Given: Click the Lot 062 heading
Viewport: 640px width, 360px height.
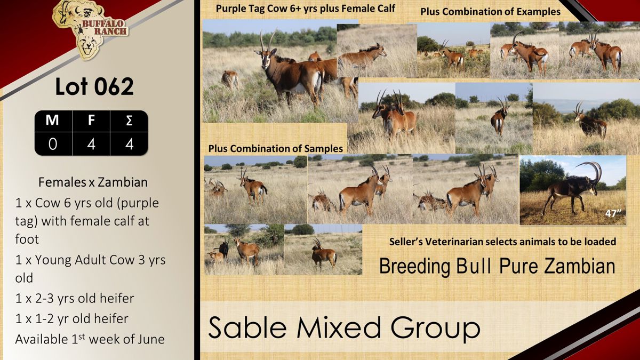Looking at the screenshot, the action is click(x=94, y=86).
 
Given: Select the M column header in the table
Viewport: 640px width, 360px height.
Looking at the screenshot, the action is click(x=52, y=121).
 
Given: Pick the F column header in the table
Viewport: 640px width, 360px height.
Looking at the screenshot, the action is click(x=91, y=121).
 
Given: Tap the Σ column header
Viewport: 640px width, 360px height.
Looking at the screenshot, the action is click(x=129, y=121).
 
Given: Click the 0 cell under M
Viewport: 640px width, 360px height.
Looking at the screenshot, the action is click(x=53, y=143).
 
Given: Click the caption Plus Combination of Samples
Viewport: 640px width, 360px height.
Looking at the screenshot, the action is click(x=275, y=149).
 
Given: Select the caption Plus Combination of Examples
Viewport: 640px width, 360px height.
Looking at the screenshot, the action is click(x=490, y=12).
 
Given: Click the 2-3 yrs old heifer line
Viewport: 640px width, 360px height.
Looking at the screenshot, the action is click(x=75, y=298).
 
